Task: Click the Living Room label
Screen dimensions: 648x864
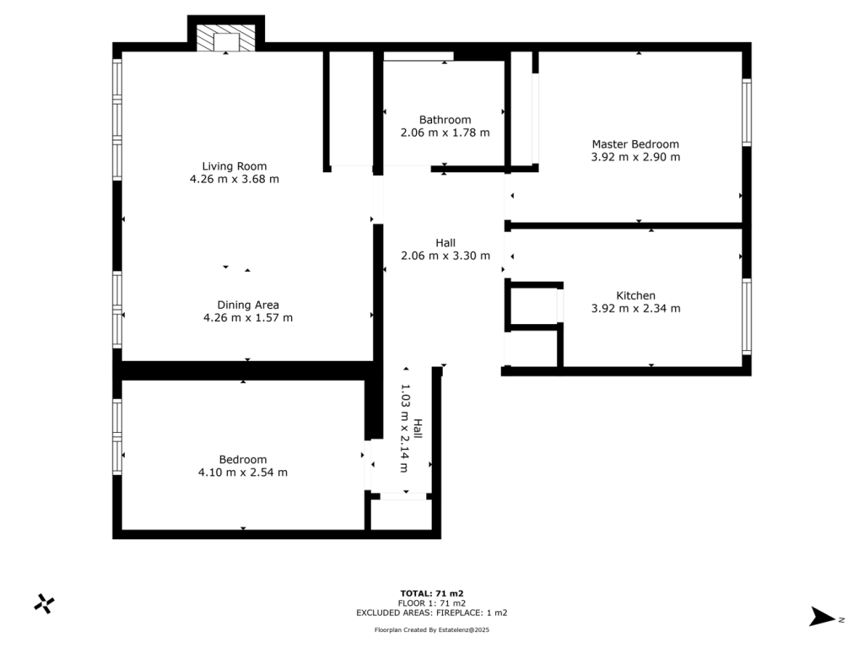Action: [234, 166]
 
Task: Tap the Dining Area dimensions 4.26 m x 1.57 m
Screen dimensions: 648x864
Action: [247, 318]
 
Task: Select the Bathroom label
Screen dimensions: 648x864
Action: [445, 120]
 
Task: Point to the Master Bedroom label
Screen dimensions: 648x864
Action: [634, 144]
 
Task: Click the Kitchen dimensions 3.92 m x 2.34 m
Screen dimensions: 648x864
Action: [635, 309]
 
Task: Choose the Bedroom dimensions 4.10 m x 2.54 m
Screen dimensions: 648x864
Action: [242, 472]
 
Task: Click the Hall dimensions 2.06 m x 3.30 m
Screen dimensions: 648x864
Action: [445, 256]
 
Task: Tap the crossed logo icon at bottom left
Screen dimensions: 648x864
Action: [44, 602]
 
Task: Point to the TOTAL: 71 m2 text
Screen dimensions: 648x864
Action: [432, 593]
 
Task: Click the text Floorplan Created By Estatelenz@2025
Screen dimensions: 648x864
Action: [432, 630]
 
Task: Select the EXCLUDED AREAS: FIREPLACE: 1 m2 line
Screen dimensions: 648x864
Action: [432, 613]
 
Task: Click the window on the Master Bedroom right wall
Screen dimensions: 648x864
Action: [747, 112]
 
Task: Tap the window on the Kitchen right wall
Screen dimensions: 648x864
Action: [747, 316]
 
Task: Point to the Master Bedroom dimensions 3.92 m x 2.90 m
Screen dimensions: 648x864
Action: [635, 157]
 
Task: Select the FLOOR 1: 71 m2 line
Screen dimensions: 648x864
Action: [432, 603]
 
